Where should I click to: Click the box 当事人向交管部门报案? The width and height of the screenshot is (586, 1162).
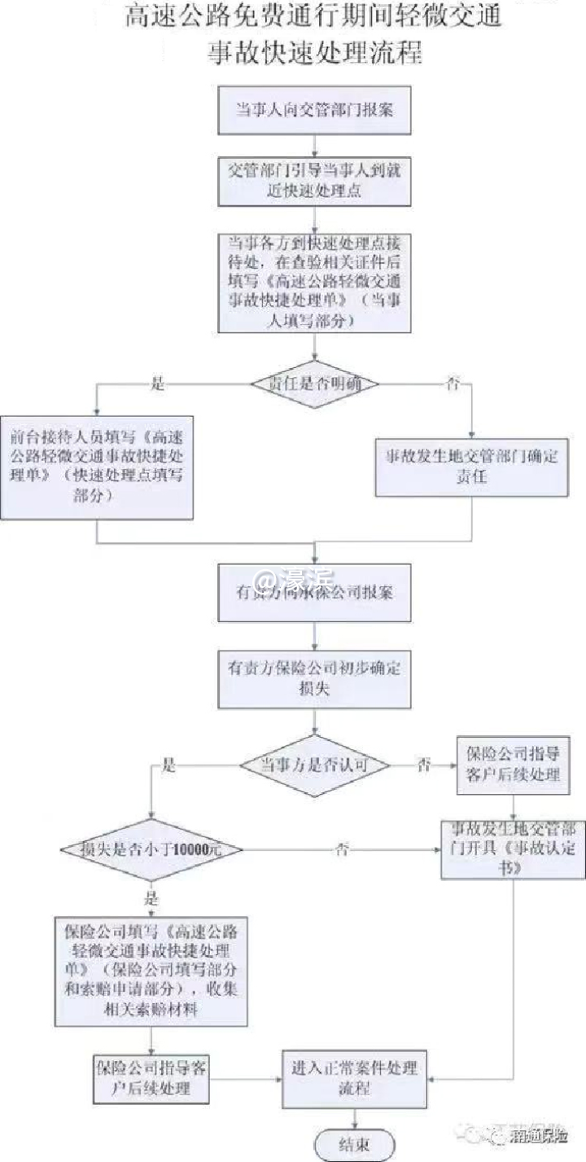coord(314,109)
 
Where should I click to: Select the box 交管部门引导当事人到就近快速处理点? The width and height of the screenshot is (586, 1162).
coord(314,182)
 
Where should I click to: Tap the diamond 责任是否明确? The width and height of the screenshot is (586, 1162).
coord(314,382)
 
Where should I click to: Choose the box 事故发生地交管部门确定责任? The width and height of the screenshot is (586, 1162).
coord(471,467)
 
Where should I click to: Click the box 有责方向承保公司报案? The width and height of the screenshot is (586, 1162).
coord(314,592)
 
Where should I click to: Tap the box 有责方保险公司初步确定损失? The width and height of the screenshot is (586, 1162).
coord(314,678)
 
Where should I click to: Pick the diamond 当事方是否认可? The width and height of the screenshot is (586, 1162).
coord(314,765)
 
